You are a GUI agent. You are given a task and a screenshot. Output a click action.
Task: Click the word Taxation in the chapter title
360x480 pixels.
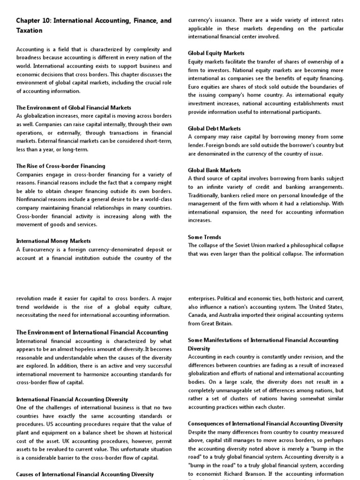29,30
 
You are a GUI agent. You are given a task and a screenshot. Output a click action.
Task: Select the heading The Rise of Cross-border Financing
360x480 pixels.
60,166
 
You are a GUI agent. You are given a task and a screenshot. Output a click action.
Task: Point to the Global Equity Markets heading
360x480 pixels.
216,53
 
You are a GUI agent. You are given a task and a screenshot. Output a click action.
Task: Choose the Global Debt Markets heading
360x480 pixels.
214,128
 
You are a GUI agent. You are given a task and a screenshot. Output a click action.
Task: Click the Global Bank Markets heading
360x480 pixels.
214,170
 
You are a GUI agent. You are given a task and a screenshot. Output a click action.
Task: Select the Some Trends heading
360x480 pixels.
204,237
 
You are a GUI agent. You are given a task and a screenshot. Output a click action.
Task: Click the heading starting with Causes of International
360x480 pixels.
85,474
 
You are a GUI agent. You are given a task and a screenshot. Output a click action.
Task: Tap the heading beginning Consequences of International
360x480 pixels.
265,423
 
